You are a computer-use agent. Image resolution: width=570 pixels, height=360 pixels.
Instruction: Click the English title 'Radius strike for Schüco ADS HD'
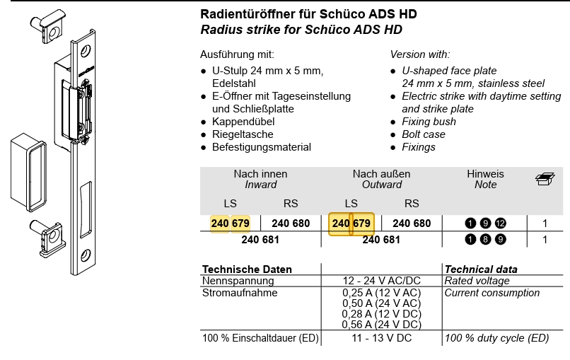coord(301,30)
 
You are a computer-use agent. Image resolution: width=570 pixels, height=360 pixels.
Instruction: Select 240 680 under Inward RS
coord(291,223)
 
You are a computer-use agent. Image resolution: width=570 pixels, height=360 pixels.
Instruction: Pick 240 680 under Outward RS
coord(412,223)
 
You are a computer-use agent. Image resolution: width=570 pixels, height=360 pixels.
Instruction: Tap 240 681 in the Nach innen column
coord(260,240)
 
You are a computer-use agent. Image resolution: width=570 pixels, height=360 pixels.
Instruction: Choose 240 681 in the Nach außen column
coord(381,240)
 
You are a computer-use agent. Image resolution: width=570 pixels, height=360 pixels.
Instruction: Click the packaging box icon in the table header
coord(545,179)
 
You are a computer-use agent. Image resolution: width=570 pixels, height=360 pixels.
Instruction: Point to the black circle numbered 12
coord(501,223)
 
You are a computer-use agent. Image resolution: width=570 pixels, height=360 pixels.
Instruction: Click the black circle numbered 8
coord(485,240)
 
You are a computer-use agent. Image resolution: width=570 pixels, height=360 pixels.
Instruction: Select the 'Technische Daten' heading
coord(247,269)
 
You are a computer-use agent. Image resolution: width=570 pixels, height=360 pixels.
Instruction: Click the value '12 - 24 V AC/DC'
coord(381,281)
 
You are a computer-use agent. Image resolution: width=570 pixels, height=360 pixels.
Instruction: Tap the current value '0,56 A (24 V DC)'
coord(381,325)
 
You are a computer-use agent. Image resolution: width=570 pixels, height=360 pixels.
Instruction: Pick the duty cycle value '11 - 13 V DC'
coord(381,339)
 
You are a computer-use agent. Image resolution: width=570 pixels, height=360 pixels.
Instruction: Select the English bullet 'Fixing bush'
coord(429,122)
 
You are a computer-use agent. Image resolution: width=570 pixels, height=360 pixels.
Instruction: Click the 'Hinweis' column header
coord(485,174)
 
